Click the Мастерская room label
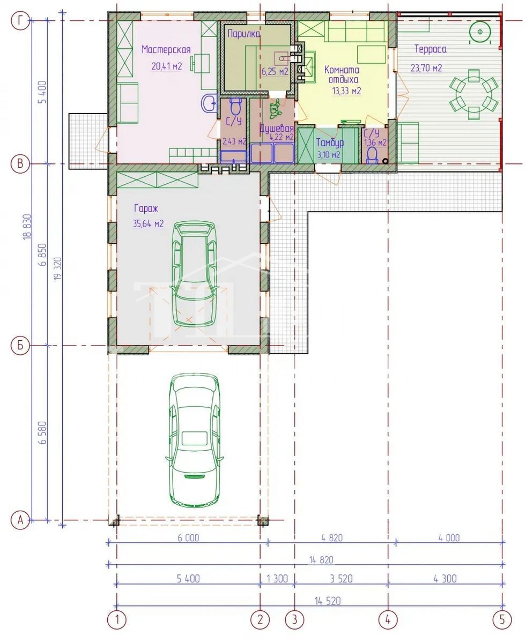166,49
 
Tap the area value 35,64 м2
148,223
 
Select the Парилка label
244,34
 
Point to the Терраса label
430,49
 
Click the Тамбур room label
330,143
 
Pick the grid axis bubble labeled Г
20,21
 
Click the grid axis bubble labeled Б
20,346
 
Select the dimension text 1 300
277,578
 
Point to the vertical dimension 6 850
43,255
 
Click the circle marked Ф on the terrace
480,32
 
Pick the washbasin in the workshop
209,103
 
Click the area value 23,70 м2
426,68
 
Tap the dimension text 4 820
332,537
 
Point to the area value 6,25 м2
275,72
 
